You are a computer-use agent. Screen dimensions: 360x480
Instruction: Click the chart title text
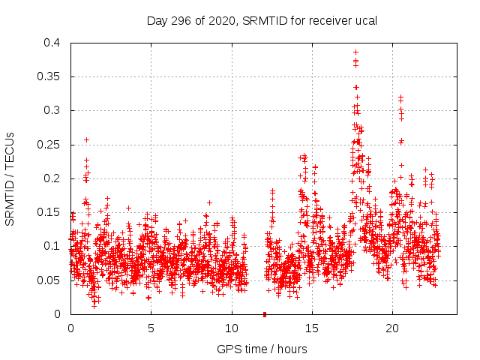[x=261, y=20]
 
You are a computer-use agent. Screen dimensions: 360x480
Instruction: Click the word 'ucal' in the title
[x=364, y=20]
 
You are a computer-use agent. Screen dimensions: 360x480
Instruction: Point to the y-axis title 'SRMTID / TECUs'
[x=10, y=178]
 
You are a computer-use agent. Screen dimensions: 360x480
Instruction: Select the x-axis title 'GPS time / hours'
[x=261, y=349]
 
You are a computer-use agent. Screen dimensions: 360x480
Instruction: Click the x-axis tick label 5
[x=151, y=328]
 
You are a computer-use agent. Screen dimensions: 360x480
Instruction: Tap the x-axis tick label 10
[x=232, y=328]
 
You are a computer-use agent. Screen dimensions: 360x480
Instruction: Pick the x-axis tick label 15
[x=312, y=328]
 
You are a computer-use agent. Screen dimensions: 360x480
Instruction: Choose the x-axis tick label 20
[x=393, y=328]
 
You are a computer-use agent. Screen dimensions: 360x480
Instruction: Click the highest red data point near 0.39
[x=355, y=52]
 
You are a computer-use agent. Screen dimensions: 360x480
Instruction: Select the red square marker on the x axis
[x=264, y=314]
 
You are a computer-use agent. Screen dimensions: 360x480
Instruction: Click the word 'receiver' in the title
[x=320, y=20]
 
